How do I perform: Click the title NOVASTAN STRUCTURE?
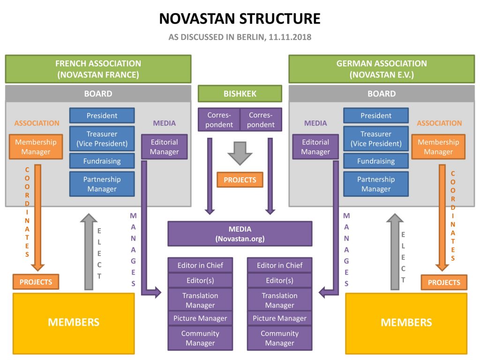[240, 18]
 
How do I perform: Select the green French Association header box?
[98, 69]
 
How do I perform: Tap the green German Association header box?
[382, 69]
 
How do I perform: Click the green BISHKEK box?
[240, 93]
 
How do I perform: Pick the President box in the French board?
[102, 116]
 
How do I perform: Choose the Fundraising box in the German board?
[375, 161]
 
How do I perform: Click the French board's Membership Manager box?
[36, 147]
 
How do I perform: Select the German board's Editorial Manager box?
[315, 147]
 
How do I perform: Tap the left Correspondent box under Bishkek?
[219, 120]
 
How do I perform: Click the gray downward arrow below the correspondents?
[240, 153]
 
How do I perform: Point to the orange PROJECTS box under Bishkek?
[240, 180]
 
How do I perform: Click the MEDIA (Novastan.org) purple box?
[240, 233]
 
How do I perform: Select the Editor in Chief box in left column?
[200, 265]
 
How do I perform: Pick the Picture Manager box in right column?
[279, 318]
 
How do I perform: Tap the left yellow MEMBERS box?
[74, 322]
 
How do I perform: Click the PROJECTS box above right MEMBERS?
[443, 282]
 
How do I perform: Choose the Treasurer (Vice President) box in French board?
[102, 139]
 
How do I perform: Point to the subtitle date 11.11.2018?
[290, 37]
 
